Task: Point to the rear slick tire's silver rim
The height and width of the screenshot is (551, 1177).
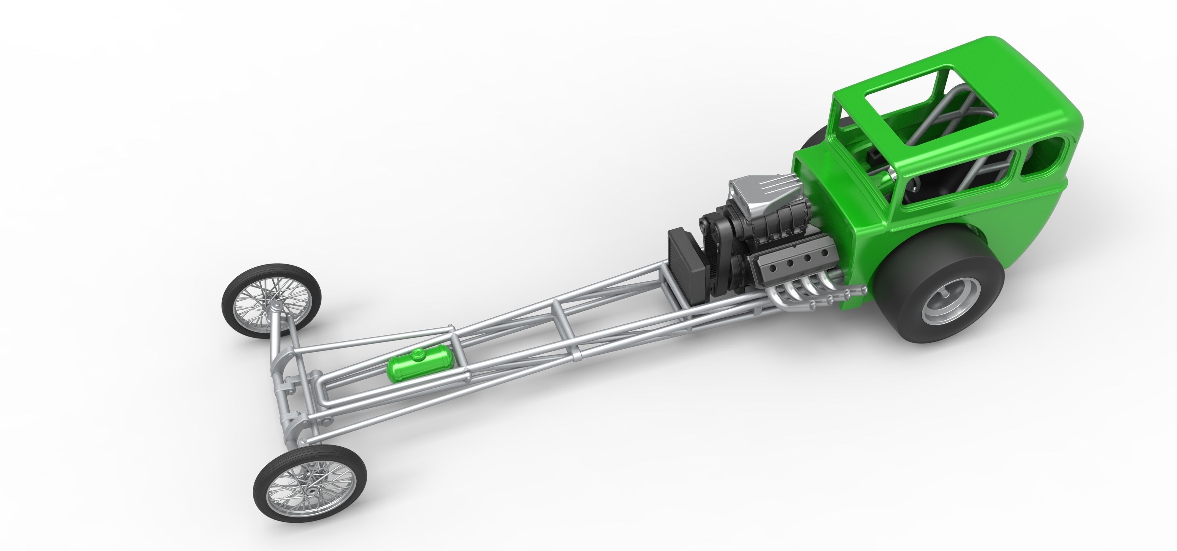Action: point(950,300)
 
